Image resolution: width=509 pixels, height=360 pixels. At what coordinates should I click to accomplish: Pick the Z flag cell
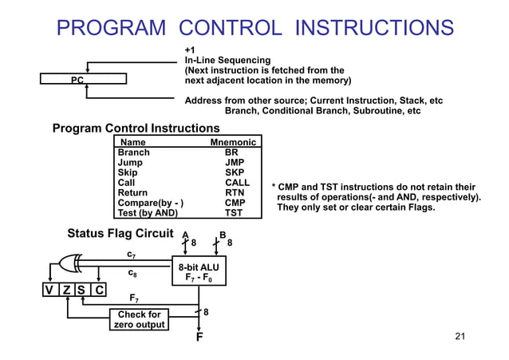67,291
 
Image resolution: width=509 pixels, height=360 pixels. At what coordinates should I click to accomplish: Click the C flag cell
98,291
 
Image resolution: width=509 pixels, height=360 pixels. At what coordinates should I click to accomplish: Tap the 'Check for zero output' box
139,319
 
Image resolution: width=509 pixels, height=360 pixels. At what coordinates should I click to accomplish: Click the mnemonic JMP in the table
234,162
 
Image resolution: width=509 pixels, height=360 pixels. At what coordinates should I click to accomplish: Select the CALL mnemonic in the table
237,183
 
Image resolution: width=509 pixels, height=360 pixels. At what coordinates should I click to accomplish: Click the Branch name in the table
133,152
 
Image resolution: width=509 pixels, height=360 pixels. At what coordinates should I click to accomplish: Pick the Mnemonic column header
233,142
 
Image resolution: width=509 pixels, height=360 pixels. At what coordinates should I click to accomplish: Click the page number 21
459,336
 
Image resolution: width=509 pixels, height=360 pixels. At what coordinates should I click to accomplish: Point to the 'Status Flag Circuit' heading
120,234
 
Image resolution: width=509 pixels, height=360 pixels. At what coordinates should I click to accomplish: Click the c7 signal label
132,254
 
